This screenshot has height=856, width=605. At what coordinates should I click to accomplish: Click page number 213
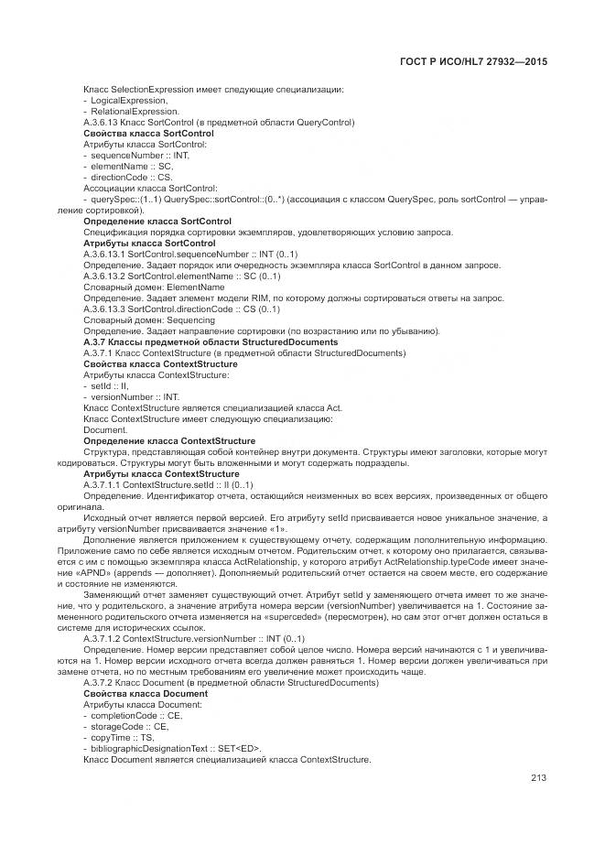[538, 778]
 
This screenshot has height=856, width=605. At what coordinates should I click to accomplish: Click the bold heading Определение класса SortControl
[157, 221]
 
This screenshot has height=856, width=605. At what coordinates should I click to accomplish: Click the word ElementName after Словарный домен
[195, 287]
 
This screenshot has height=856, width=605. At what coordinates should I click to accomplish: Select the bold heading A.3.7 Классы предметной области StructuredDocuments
[211, 341]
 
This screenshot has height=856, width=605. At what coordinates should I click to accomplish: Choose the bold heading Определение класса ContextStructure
[169, 440]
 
